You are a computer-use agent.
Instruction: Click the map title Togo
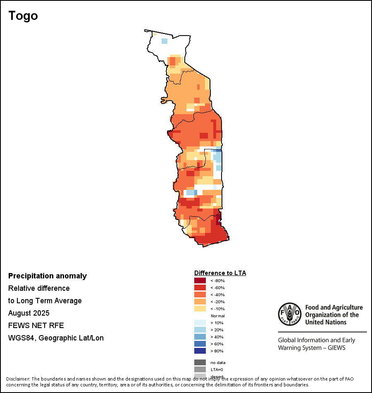[23, 16]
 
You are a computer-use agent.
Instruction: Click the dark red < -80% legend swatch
[200, 280]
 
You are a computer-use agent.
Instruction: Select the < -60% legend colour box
[200, 288]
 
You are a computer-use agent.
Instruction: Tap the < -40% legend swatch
[200, 295]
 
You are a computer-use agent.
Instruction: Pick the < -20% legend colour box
[200, 302]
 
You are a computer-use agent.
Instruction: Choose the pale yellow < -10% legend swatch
[200, 309]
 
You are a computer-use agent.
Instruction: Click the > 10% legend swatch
[200, 323]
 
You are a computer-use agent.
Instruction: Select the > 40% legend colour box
[200, 337]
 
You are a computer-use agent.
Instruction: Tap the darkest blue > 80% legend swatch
[200, 351]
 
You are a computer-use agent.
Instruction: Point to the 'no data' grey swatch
[200, 362]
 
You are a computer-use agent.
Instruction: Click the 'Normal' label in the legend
[217, 316]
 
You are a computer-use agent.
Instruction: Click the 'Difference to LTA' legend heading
[220, 273]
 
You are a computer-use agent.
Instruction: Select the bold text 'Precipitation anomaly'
[48, 276]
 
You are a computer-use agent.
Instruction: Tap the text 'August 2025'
[29, 313]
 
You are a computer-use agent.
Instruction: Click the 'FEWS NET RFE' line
[36, 326]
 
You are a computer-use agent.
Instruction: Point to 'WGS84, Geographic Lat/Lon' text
[56, 338]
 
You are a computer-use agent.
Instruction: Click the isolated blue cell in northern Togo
[165, 41]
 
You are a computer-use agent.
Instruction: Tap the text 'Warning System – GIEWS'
[311, 348]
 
